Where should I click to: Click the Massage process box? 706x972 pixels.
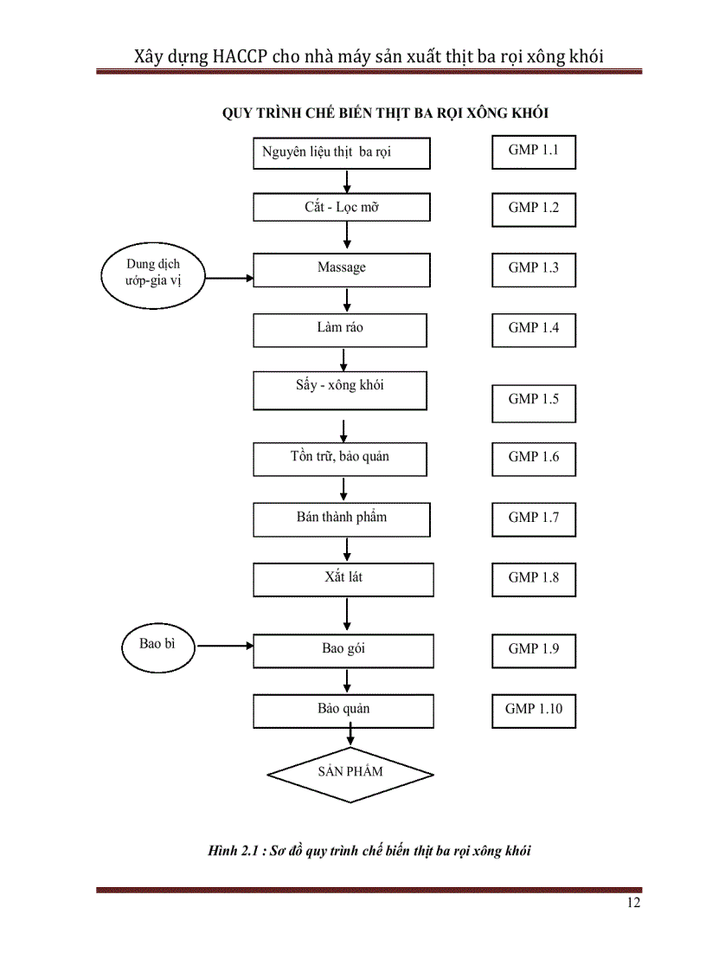click(342, 269)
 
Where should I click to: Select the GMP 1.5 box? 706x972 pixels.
click(534, 399)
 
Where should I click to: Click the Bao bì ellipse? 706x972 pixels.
click(157, 644)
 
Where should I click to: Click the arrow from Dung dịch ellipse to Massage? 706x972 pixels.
click(229, 279)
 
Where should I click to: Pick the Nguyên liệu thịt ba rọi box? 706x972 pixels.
click(342, 152)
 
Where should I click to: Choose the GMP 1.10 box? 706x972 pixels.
click(534, 709)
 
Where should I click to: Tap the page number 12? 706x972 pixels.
click(633, 904)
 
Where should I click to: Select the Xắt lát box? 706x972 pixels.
click(343, 578)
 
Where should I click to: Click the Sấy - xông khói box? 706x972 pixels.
click(340, 390)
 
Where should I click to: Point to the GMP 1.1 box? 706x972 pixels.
click(534, 151)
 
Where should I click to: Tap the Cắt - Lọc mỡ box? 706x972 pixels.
click(342, 208)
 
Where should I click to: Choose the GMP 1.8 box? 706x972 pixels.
click(534, 577)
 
